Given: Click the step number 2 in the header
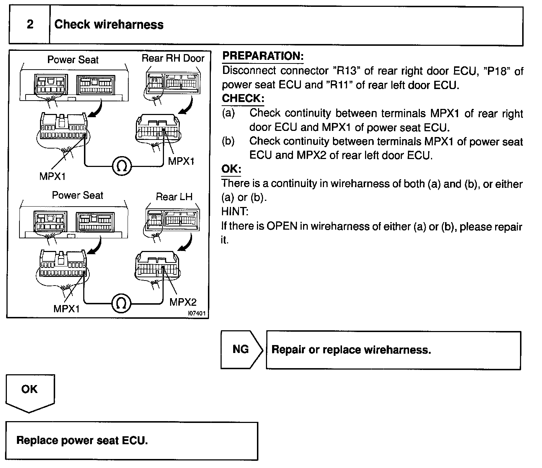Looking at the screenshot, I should tap(30, 25).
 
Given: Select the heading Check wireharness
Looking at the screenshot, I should tap(109, 25).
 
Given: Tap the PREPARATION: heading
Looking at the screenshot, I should tap(263, 56).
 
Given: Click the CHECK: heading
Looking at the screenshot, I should tap(243, 98).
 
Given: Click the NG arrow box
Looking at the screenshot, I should tap(241, 349).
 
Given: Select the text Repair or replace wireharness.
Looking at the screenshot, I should tap(351, 350).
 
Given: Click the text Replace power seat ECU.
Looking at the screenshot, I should tap(82, 440).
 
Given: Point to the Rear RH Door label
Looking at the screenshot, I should tap(173, 58).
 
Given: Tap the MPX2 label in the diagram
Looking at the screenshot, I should tap(183, 302).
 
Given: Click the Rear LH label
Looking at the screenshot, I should tap(174, 197).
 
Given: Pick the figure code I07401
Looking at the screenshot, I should tap(197, 314).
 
